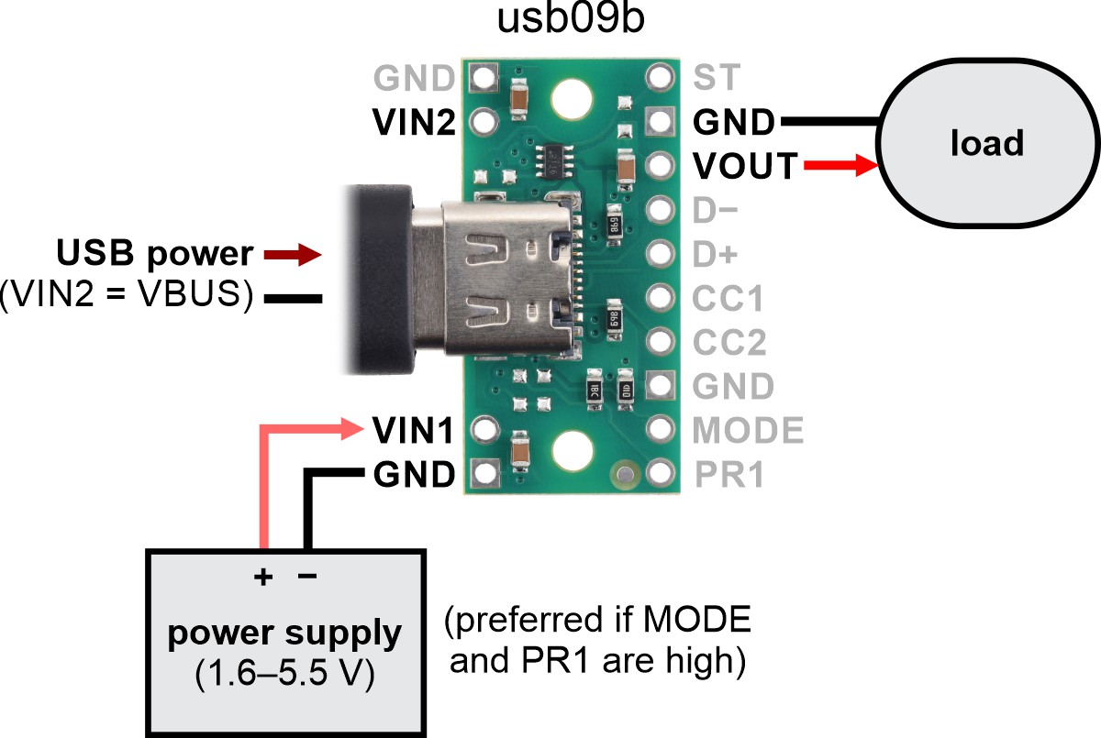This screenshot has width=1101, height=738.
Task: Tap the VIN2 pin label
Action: click(413, 121)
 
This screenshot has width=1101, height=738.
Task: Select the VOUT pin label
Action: click(745, 166)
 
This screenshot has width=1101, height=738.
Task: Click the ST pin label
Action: click(716, 77)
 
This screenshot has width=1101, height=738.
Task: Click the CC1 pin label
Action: click(728, 298)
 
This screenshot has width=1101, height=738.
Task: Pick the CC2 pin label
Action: click(729, 342)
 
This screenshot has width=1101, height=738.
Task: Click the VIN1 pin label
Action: click(413, 428)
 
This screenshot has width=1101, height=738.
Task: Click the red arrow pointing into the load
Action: click(840, 166)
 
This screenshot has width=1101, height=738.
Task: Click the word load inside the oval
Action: click(986, 144)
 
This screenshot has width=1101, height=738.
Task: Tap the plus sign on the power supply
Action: click(263, 577)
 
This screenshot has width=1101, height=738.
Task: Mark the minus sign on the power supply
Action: click(307, 576)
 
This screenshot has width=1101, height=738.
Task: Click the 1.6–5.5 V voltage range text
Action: click(284, 675)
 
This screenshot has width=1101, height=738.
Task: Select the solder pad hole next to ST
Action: click(658, 76)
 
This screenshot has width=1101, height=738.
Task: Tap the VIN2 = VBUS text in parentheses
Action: click(127, 297)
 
